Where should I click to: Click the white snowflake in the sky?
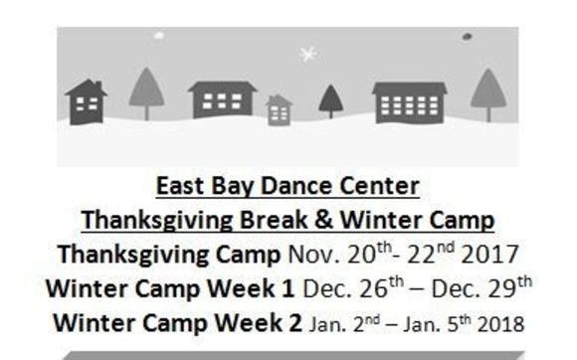pos(307,55)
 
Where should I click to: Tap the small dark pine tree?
pos(331,101)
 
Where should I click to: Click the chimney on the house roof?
pos(98,86)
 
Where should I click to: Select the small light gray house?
pos(279,110)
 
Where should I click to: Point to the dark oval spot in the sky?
pos(467,37)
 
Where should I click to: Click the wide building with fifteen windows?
pos(409,102)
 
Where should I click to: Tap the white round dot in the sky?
pos(159,36)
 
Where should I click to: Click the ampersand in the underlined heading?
pos(323,220)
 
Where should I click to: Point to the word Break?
pos(273,220)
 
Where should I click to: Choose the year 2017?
pos(489,255)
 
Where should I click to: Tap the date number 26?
pos(374,289)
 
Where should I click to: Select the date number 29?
pos(502,289)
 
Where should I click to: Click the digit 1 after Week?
pos(288,288)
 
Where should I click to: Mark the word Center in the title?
pos(379,186)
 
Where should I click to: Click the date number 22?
pos(422,255)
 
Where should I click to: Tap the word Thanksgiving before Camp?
pos(133,255)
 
